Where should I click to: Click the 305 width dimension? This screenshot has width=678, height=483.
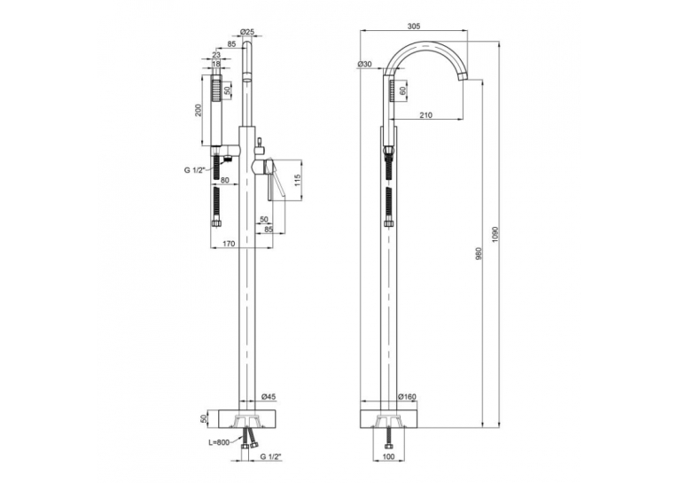tap(414, 27)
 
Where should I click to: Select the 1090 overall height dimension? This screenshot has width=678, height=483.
tap(495, 234)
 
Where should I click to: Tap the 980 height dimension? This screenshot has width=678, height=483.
tap(479, 253)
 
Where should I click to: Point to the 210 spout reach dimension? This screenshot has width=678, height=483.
tap(426, 115)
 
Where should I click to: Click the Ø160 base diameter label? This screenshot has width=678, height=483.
tap(407, 396)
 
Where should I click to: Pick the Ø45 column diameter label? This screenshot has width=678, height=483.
tap(269, 396)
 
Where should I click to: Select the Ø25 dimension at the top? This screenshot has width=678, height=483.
tap(247, 32)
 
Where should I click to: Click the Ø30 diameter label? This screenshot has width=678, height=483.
tap(364, 64)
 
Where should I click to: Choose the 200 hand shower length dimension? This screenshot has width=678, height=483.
tap(198, 111)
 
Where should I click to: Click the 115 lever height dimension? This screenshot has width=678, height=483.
tap(296, 180)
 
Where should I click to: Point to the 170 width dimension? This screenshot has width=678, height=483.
tap(229, 244)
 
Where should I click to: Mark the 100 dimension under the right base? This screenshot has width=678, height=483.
tap(389, 456)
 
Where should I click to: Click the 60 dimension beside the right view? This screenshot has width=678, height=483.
tap(402, 91)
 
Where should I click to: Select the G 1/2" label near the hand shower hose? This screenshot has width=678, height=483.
tap(194, 170)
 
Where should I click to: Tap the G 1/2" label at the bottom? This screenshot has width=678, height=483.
tap(271, 456)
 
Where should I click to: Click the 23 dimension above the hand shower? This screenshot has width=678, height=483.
tap(216, 54)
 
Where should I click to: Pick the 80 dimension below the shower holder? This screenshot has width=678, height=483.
tap(225, 180)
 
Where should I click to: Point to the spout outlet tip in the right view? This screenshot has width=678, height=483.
tap(464, 77)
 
